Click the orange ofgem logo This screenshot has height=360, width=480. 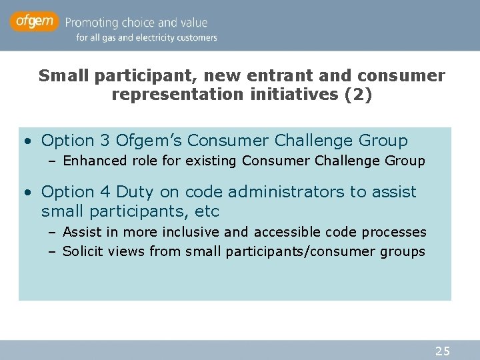coord(34,23)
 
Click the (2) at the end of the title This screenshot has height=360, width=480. coord(358,95)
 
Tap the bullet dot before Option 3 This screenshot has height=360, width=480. coord(26,141)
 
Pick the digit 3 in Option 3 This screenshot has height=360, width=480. coord(105,141)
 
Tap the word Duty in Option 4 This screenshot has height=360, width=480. coord(135,192)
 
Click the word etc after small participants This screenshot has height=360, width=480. coord(206,212)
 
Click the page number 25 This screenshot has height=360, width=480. coord(443,351)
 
